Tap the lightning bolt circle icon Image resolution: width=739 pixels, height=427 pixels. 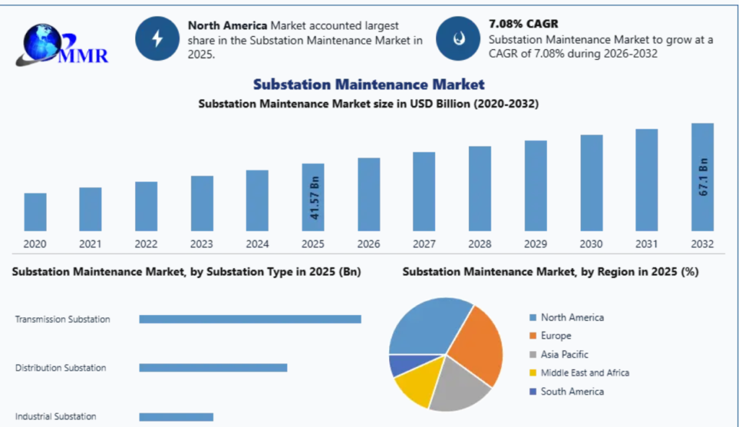click(157, 38)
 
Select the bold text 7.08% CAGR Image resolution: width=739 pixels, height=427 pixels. click(523, 24)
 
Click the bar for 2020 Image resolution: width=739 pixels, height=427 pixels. click(35, 212)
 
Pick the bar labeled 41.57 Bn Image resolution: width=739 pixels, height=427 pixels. click(313, 197)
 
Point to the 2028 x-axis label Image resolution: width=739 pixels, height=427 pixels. click(480, 244)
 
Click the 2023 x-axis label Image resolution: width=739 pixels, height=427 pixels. click(202, 244)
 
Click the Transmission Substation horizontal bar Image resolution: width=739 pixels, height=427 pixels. click(250, 319)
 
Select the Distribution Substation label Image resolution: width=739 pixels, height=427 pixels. click(61, 368)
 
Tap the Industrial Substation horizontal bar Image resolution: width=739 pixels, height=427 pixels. click(176, 417)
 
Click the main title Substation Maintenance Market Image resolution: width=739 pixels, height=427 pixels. click(369, 85)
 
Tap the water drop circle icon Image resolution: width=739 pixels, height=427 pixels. click(458, 38)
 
